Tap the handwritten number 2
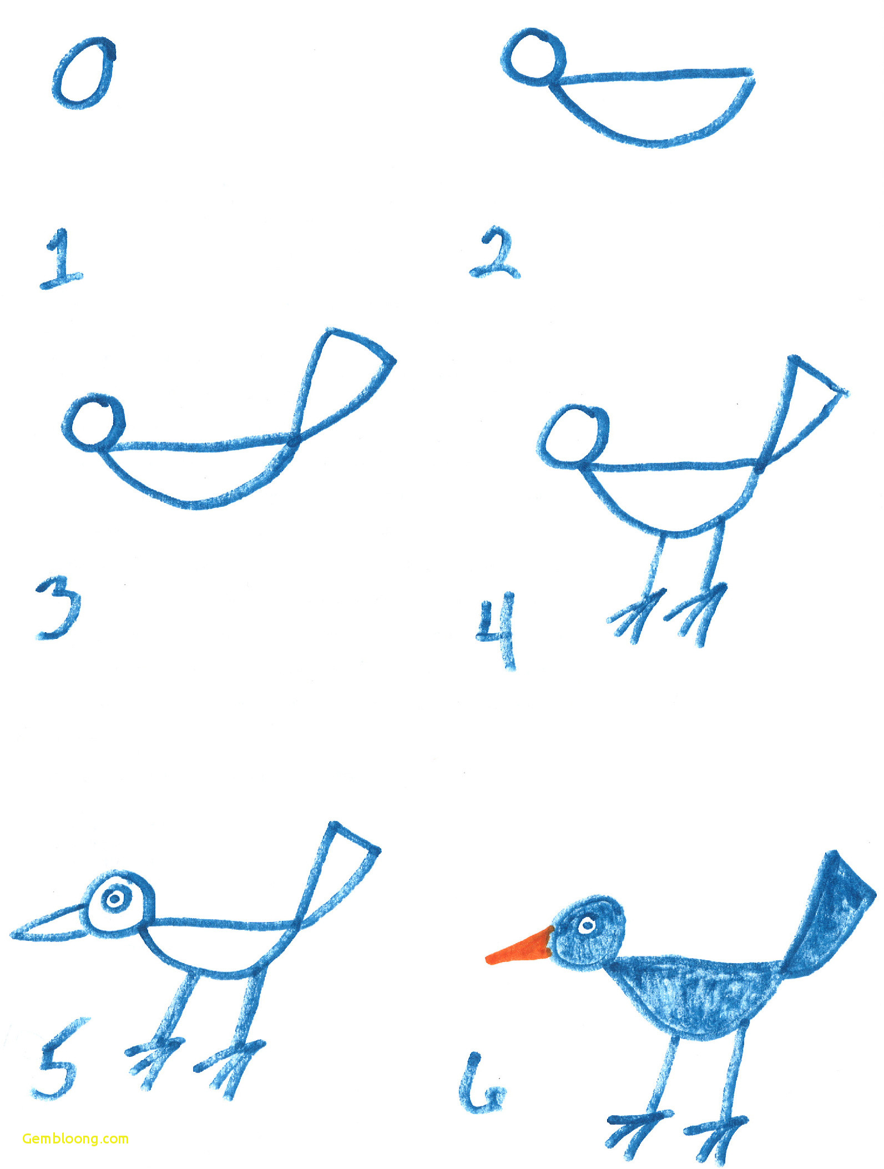pyautogui.click(x=495, y=254)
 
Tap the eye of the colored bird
pyautogui.click(x=587, y=925)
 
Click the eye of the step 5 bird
pyautogui.click(x=115, y=899)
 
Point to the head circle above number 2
pyautogui.click(x=534, y=54)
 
